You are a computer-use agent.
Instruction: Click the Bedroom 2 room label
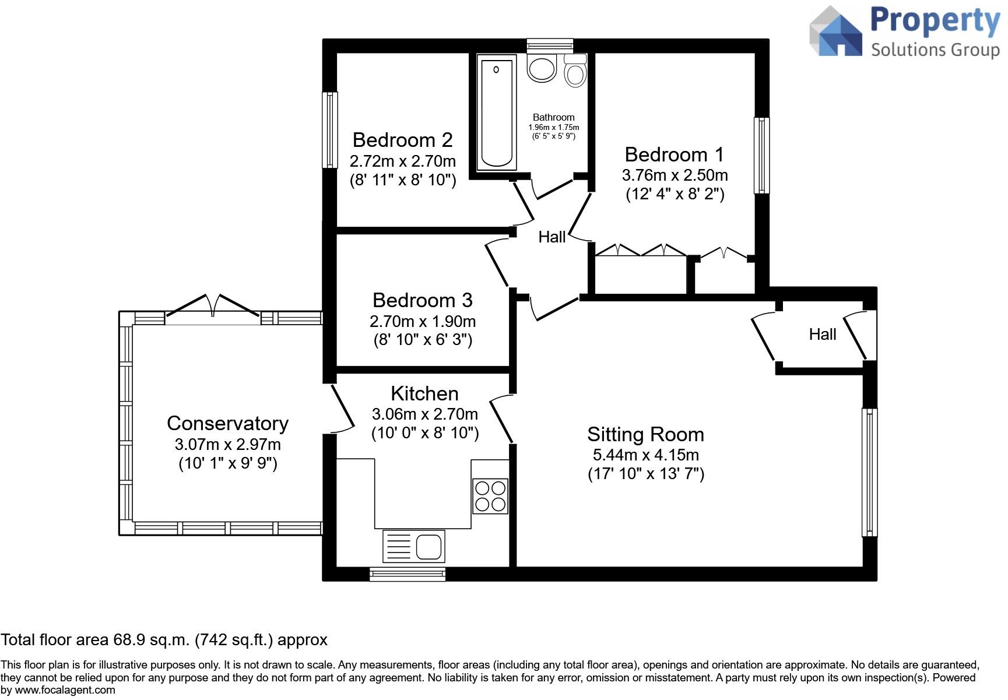(x=402, y=140)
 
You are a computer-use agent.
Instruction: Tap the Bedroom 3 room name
(x=422, y=300)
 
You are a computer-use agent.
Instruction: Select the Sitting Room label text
(x=645, y=434)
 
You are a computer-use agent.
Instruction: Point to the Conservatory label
(x=227, y=423)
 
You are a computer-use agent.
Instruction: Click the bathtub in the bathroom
(x=496, y=112)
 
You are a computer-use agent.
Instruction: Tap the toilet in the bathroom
(x=575, y=71)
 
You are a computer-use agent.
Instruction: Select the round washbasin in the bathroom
(x=542, y=67)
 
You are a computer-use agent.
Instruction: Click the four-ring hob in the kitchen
(x=490, y=495)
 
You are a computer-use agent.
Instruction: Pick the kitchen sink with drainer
(x=413, y=546)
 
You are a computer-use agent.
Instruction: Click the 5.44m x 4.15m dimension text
(x=645, y=455)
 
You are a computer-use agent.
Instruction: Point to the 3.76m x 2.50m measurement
(x=675, y=175)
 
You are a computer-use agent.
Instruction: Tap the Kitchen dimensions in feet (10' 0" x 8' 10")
(x=425, y=433)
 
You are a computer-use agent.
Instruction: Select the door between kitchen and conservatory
(x=343, y=408)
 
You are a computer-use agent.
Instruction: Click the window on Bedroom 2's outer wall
(x=331, y=130)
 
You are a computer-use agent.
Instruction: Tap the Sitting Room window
(x=869, y=472)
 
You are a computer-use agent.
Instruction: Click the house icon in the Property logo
(x=836, y=32)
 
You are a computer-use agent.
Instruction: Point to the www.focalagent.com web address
(x=65, y=691)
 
